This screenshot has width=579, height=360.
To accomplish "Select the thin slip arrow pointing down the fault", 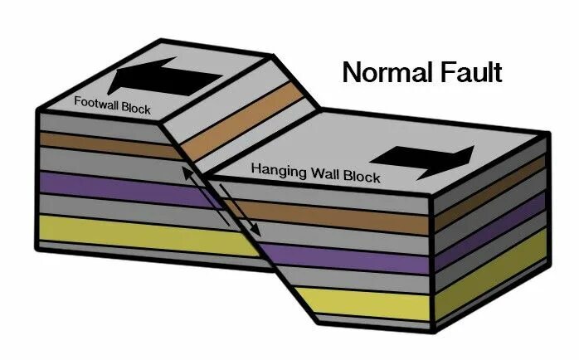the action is pos(246,216).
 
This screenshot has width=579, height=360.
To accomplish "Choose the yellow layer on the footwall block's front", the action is pos(124,232).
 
